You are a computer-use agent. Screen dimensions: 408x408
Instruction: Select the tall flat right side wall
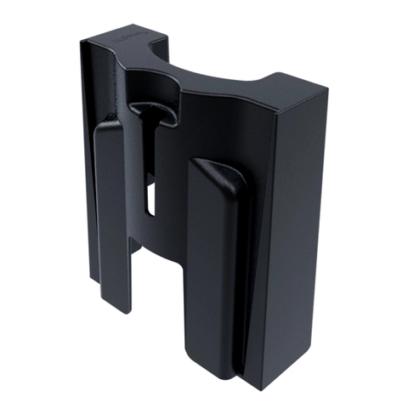coord(293,238)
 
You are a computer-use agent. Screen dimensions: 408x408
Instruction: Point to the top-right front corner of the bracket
coord(327,89)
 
